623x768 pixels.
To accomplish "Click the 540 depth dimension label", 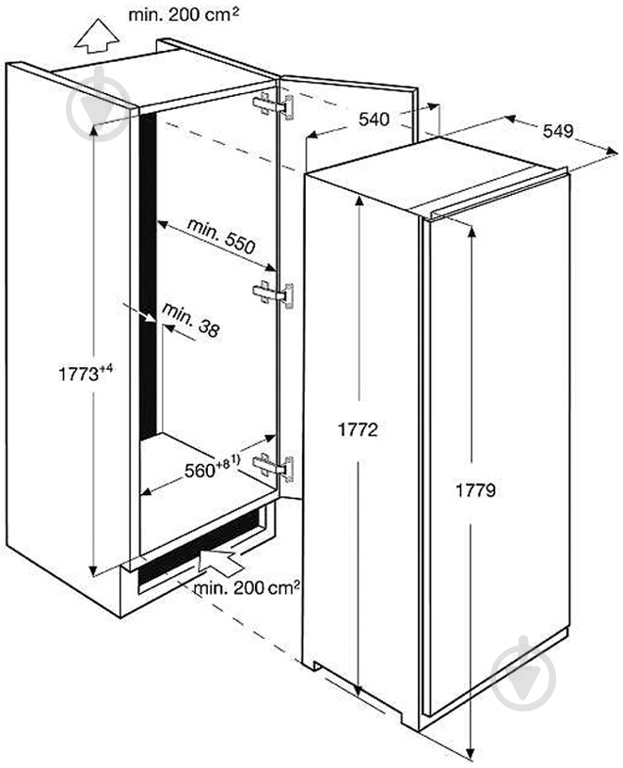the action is tap(374, 120).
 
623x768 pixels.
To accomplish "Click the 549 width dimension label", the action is tap(558, 131).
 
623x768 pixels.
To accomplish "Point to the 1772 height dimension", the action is tap(358, 429).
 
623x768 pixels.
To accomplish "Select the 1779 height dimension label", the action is tap(475, 489).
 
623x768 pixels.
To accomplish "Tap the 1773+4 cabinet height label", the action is tap(86, 373).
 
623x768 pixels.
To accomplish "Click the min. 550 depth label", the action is tap(221, 236).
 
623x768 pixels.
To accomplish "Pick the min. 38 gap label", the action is tap(190, 320).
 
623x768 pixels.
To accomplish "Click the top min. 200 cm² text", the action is tap(184, 15).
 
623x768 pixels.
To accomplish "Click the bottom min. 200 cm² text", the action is tap(247, 587).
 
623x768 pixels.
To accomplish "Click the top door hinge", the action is tap(273, 105).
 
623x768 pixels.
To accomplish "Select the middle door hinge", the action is tap(273, 295).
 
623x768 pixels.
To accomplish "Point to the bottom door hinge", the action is tap(273, 468).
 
